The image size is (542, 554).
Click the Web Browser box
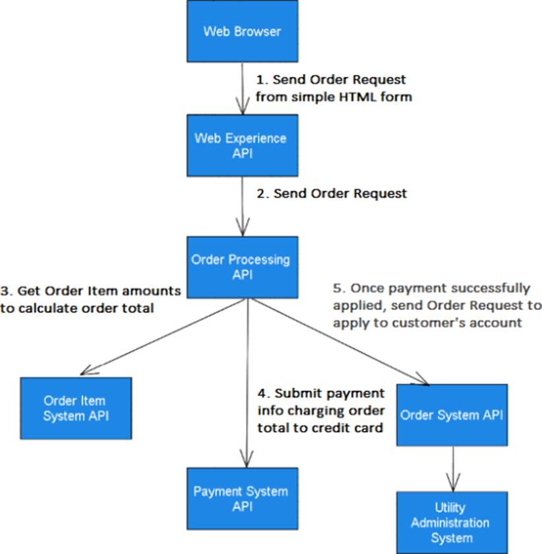coord(242,30)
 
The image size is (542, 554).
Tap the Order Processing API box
coord(241,266)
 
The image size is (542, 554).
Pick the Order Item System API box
coord(75,408)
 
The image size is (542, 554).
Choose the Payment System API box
coord(241,499)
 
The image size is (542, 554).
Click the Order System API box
coord(452,415)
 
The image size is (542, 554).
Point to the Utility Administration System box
coord(451,522)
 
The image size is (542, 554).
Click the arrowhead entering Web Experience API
coord(241,109)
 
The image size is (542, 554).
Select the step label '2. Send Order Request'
coord(332,193)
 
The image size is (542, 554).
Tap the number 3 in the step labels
coord(5,291)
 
